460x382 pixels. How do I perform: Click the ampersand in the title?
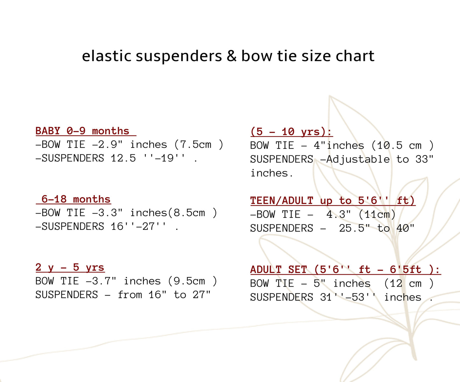(231, 56)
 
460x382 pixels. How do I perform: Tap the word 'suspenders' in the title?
(179, 56)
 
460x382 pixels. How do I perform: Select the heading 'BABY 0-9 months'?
(82, 131)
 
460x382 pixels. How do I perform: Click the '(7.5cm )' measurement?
(199, 145)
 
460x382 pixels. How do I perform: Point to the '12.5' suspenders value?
(123, 158)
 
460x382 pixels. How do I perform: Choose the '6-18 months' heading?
(76, 199)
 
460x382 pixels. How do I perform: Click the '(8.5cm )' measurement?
(193, 213)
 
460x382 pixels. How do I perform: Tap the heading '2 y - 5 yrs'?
(70, 267)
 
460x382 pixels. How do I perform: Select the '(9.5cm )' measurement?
(193, 281)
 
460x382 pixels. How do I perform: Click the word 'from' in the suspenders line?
(130, 295)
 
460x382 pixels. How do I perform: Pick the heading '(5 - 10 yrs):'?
(291, 132)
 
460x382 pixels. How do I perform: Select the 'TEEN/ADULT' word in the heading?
(282, 200)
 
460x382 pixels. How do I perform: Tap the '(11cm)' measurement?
(377, 215)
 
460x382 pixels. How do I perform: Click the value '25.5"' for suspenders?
(355, 228)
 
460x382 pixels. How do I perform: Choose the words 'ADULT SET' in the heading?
(279, 269)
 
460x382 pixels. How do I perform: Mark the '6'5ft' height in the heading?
(405, 269)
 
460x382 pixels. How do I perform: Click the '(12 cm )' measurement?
(409, 283)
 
